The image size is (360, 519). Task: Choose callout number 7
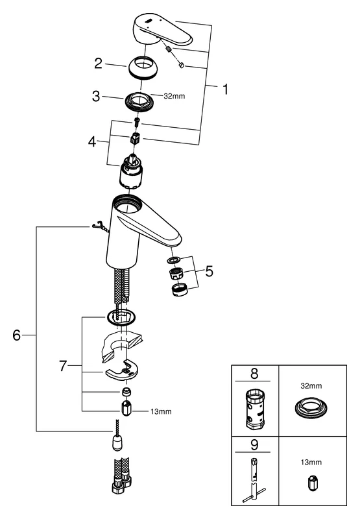pos(62,367)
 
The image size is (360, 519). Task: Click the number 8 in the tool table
pos(255,375)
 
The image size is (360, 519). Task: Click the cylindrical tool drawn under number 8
pos(255,410)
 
